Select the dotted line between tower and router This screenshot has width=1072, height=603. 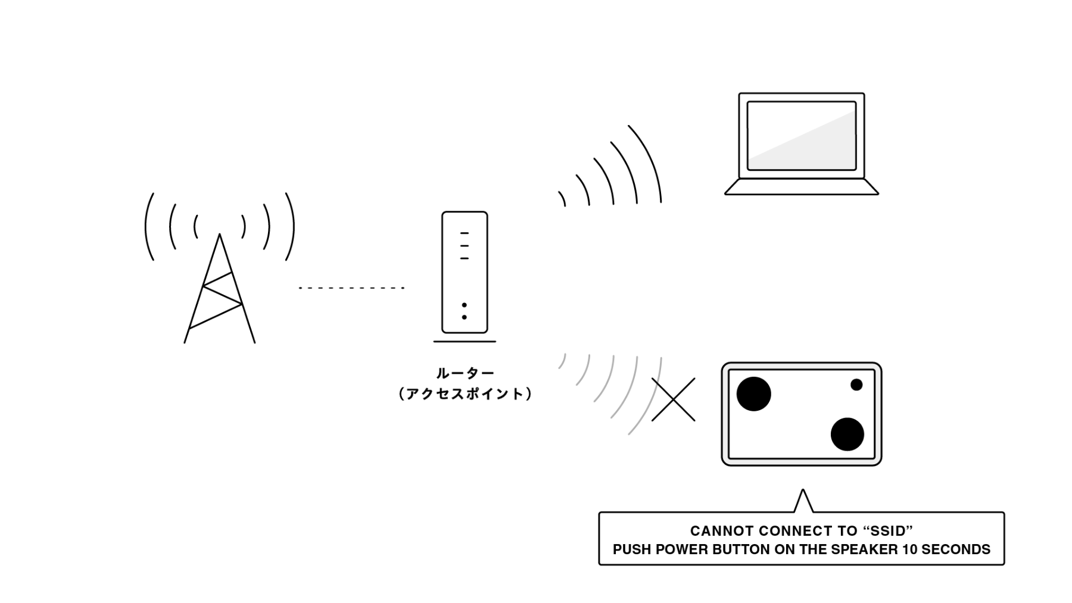coord(351,288)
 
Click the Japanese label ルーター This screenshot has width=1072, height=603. coord(465,374)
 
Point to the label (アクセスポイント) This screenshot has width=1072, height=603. coord(465,394)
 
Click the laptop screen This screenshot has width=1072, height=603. coord(802,136)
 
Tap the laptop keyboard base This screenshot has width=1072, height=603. coord(802,187)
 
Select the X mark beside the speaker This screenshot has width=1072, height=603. coord(674,399)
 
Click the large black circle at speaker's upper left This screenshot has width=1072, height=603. coord(754,394)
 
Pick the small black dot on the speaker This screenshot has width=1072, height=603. coord(856,385)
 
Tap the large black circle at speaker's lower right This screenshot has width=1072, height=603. coord(847,434)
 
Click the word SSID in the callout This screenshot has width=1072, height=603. coord(887,531)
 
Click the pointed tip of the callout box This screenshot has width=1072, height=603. coord(803,490)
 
